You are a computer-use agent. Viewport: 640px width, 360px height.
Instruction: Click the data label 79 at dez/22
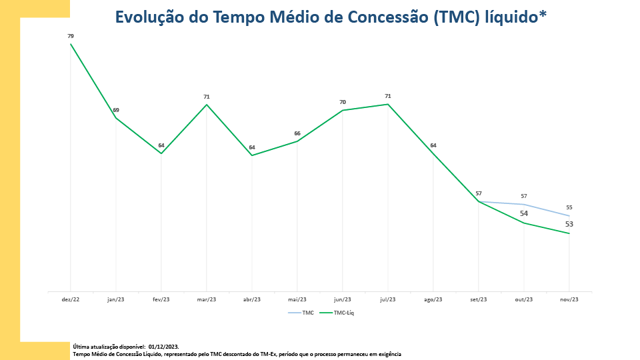71,36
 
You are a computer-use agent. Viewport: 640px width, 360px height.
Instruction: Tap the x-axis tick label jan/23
116,300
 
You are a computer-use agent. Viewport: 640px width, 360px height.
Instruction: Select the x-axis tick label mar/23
207,300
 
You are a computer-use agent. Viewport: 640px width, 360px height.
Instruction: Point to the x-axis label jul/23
388,300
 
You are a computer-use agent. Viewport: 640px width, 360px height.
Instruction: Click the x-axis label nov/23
569,300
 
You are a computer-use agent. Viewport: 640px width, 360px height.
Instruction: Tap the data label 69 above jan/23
116,110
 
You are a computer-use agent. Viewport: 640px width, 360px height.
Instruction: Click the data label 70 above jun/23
343,102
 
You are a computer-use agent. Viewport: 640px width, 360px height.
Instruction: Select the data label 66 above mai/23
297,133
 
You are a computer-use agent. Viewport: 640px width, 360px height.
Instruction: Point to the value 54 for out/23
524,213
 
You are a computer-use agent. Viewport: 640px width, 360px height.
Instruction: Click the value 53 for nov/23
569,224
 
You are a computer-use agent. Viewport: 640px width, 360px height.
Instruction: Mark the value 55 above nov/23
569,207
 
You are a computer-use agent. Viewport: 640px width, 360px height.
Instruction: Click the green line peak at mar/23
207,105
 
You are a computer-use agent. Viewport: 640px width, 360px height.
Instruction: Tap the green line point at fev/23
161,153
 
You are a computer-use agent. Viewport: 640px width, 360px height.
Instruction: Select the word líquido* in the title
512,17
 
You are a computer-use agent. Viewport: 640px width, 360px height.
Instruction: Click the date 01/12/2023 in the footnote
163,347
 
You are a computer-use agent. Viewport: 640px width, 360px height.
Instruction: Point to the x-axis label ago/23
433,300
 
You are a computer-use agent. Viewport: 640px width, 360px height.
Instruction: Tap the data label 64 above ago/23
433,145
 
